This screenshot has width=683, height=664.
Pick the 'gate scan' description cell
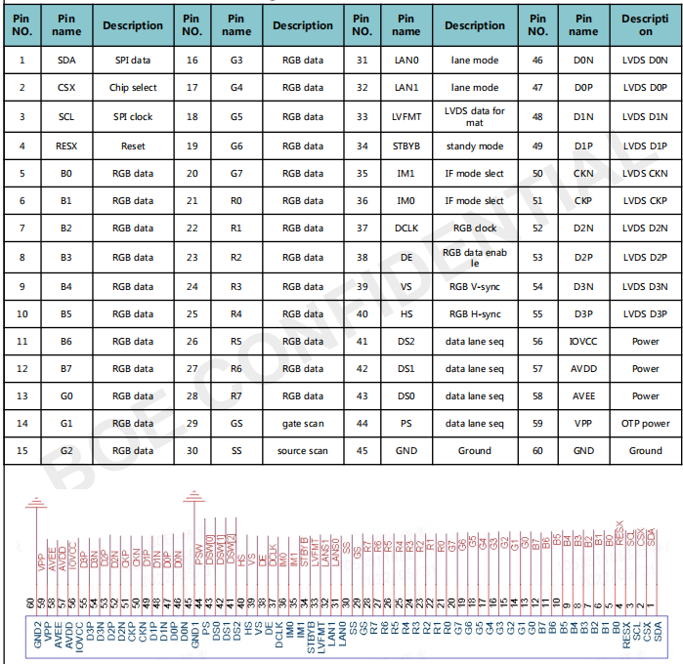(x=303, y=423)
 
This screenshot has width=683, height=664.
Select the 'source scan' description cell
(x=303, y=450)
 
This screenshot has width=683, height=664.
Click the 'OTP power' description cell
(x=645, y=423)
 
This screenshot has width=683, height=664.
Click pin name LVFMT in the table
(x=405, y=117)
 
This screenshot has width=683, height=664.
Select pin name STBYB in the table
(x=405, y=145)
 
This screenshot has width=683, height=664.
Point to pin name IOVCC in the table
(x=584, y=342)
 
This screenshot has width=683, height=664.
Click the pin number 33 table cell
(x=363, y=117)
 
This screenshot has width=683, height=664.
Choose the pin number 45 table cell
(x=363, y=450)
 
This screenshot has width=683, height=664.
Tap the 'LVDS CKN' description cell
(x=645, y=174)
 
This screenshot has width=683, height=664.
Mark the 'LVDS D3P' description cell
(x=645, y=313)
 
